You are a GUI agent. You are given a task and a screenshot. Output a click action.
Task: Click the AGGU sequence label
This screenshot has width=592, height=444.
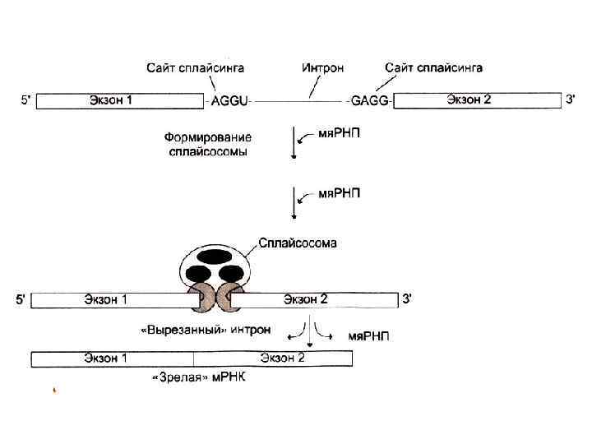click(x=230, y=101)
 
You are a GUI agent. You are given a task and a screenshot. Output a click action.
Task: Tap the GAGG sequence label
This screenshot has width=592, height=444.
click(x=369, y=101)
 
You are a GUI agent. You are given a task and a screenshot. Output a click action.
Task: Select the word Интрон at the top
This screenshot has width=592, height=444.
click(x=322, y=68)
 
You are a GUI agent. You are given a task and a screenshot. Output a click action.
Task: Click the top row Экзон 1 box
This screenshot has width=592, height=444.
click(x=120, y=101)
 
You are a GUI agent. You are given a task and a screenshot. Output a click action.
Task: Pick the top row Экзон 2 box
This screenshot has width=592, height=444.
click(x=477, y=100)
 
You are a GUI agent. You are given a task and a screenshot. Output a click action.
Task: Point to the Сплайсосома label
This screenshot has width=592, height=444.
click(x=297, y=243)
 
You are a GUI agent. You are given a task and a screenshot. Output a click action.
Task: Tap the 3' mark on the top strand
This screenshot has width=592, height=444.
click(x=572, y=99)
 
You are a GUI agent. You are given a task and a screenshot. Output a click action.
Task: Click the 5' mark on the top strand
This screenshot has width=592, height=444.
click(x=26, y=100)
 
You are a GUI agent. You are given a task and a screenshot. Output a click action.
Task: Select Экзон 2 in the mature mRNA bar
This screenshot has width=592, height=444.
click(x=282, y=358)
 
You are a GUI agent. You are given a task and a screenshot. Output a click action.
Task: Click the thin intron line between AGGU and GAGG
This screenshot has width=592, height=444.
click(x=300, y=101)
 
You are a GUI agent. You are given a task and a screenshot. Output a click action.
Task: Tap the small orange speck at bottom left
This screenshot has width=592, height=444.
click(x=54, y=391)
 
